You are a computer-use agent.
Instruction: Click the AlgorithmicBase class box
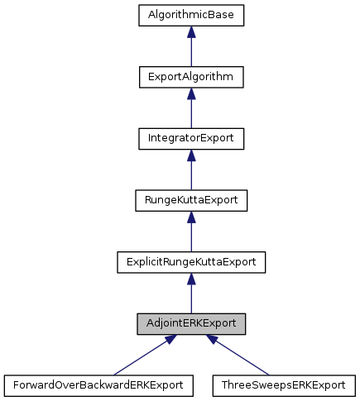click(x=191, y=16)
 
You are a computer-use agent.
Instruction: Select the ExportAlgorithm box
click(x=191, y=77)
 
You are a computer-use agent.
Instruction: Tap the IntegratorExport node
click(x=191, y=138)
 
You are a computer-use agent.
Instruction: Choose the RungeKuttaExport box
click(x=191, y=199)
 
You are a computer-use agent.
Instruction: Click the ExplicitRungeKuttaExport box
click(x=191, y=261)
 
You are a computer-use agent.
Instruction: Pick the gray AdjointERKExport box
click(x=191, y=322)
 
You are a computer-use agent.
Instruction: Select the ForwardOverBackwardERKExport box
click(x=98, y=384)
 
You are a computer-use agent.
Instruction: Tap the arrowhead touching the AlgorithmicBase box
click(x=191, y=32)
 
